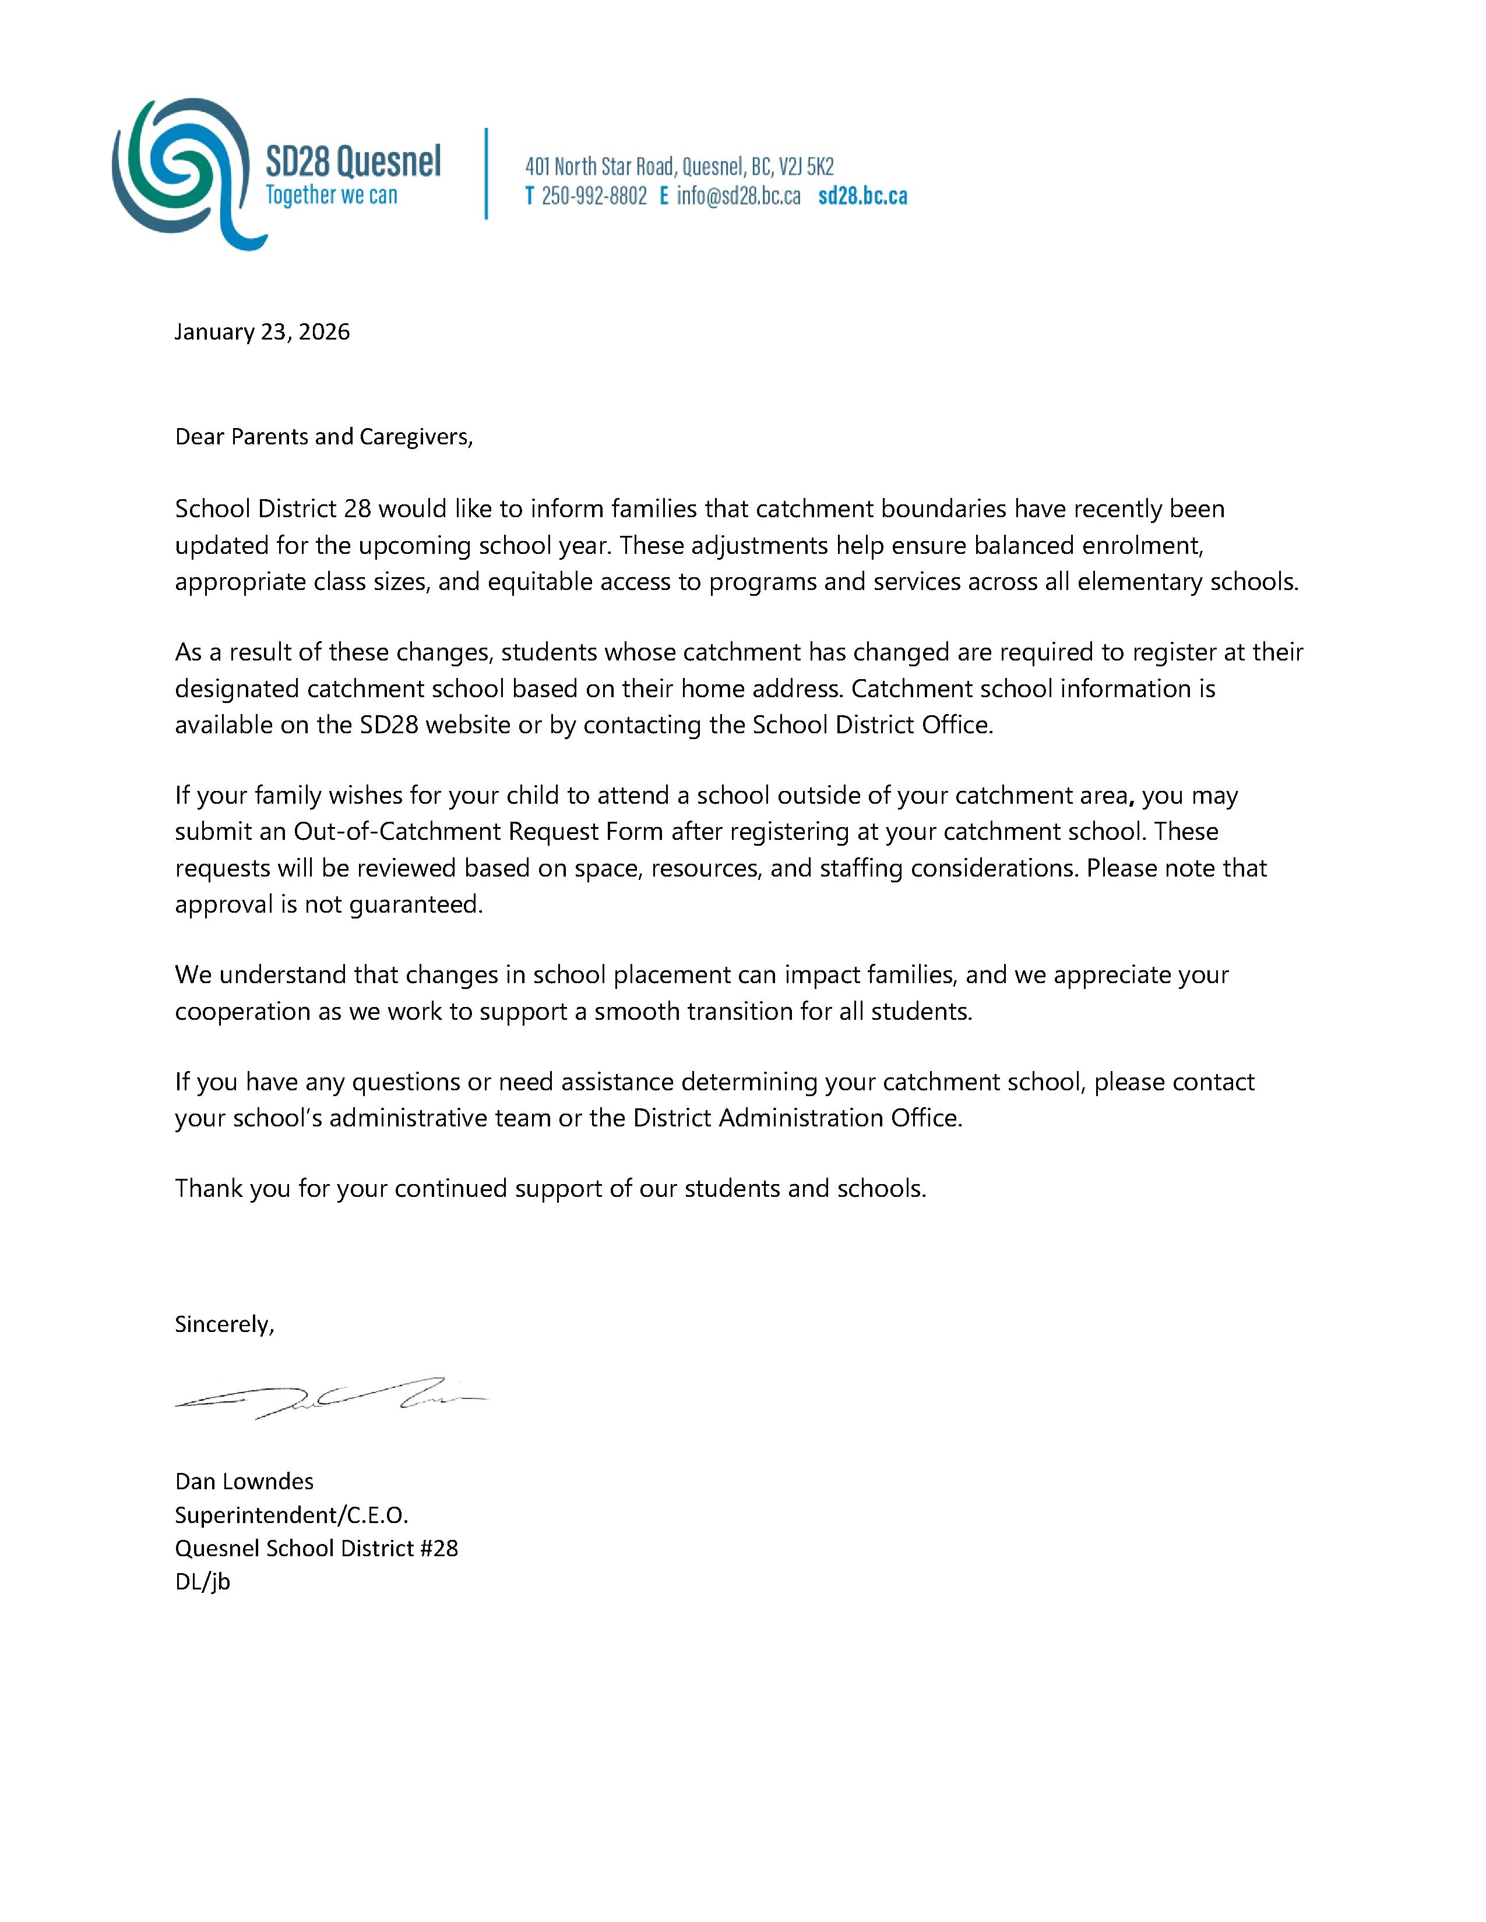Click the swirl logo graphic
(181, 172)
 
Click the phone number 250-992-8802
(594, 196)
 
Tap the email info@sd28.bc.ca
(738, 196)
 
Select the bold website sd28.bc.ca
(862, 196)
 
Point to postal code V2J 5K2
(807, 167)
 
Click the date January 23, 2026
(262, 332)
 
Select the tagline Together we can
(331, 195)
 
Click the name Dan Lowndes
(244, 1481)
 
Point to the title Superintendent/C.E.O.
(291, 1514)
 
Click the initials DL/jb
(202, 1581)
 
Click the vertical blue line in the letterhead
(486, 174)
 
